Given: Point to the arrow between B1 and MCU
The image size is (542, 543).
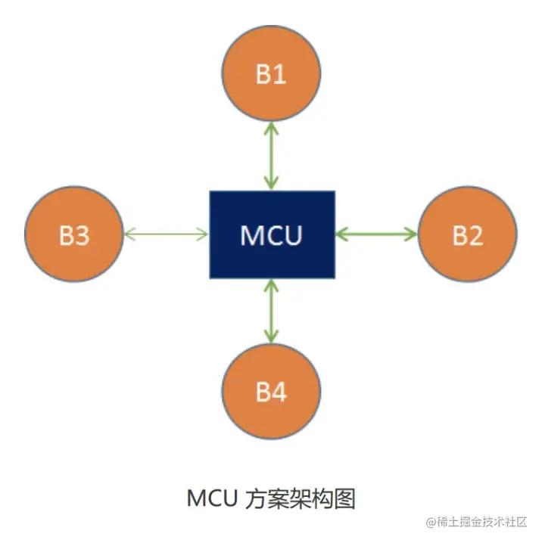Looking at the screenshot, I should [271, 157].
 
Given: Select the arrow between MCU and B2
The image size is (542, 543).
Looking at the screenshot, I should [376, 234].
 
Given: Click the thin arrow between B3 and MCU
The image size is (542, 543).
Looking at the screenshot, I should [165, 234].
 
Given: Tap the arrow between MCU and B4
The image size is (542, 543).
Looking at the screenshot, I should [271, 310].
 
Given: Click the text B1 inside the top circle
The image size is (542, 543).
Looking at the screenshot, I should [271, 76].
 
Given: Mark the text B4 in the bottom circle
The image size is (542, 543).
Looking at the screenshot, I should [271, 393].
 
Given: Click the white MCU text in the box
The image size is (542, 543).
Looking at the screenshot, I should [271, 235].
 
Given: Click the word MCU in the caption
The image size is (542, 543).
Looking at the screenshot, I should [212, 499].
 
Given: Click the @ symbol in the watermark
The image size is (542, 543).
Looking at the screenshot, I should [429, 523].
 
